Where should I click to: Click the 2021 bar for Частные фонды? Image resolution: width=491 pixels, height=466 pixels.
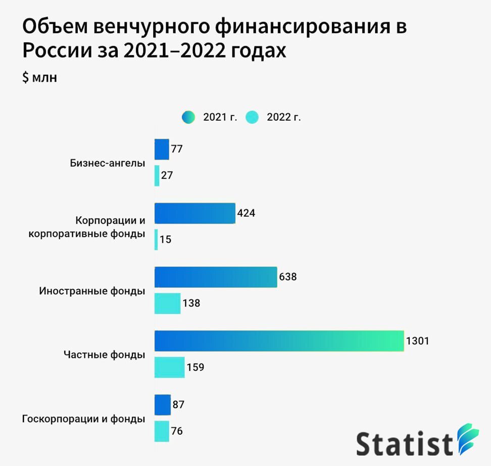279,341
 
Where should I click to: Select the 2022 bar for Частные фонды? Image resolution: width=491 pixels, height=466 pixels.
169,367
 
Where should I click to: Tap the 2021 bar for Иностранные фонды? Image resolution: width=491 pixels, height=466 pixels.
216,277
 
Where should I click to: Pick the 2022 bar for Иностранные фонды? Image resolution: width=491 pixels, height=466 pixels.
167,303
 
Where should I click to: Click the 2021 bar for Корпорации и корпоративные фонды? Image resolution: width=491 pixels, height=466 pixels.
195,213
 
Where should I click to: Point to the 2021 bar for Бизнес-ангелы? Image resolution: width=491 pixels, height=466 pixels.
162,149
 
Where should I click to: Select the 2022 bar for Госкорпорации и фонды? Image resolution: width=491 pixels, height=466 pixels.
162,431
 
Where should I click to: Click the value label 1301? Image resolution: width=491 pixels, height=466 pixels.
417,341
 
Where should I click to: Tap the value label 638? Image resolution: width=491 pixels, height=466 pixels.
287,277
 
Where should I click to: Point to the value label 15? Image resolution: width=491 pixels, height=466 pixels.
166,240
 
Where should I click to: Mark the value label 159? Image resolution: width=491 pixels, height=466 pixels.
195,368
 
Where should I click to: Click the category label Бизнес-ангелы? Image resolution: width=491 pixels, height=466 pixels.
107,163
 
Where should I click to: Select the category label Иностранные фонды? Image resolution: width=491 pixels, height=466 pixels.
92,291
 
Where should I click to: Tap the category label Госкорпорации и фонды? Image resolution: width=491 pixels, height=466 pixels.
84,419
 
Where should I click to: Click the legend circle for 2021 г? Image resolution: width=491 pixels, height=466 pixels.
188,118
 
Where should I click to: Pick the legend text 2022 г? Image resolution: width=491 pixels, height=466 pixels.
283,118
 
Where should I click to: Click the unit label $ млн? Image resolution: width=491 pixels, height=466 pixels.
39,78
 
